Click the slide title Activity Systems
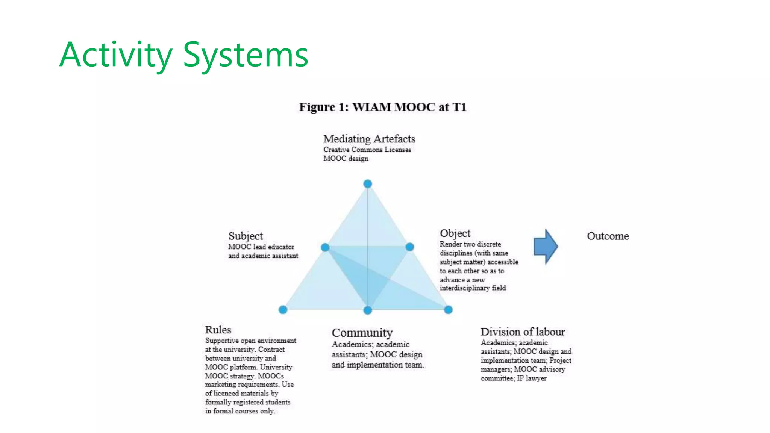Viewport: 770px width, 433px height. point(183,55)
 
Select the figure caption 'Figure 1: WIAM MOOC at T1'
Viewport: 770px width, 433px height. point(383,107)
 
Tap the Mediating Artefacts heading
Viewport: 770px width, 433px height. point(369,139)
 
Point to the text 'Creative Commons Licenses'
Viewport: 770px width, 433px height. point(367,150)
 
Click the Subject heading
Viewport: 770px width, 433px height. point(246,236)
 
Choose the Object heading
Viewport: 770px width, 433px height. point(455,233)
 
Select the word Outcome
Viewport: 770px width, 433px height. point(608,236)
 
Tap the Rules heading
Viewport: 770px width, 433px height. point(218,330)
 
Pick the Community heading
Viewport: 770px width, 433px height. point(362,333)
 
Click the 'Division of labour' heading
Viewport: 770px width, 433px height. point(523,332)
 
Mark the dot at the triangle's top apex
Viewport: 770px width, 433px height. point(368,184)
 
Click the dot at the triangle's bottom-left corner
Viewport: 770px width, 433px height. point(283,310)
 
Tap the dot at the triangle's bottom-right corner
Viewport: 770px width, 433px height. point(448,310)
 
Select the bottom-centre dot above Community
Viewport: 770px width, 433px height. point(368,310)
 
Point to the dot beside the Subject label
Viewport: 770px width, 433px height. point(325,247)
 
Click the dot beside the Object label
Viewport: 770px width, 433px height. point(410,247)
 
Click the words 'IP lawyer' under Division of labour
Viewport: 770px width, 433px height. point(532,378)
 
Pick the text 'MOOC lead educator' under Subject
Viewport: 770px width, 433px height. point(261,247)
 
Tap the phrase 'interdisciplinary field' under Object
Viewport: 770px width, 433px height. point(473,288)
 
